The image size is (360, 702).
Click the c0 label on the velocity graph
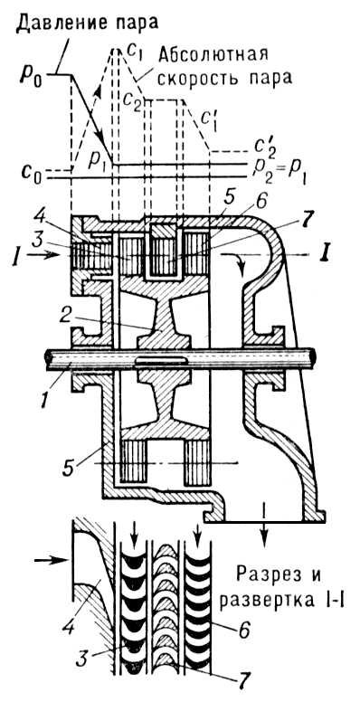pyautogui.click(x=32, y=168)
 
